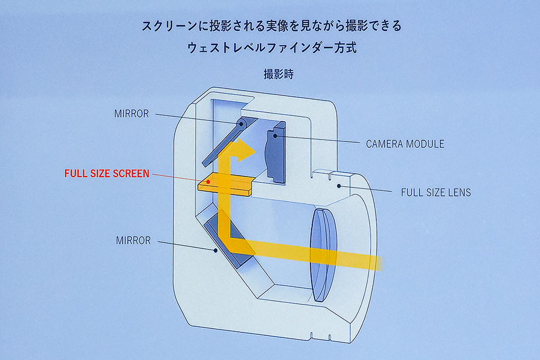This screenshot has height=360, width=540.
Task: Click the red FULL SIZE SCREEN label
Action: (x=107, y=174)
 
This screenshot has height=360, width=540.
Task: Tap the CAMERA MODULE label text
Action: (x=404, y=144)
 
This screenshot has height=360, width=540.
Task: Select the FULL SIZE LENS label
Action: (x=435, y=192)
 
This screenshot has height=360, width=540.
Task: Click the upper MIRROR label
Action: (x=131, y=114)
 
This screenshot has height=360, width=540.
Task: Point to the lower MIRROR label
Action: (x=133, y=240)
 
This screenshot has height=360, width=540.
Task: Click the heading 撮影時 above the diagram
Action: (x=278, y=74)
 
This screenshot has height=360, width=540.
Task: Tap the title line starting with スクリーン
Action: (x=272, y=26)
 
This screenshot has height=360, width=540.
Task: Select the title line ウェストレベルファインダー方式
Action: (x=272, y=48)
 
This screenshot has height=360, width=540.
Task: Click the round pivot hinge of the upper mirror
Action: (x=242, y=123)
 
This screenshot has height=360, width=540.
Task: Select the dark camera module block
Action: (x=276, y=152)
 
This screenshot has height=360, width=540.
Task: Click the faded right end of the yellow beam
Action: (x=374, y=261)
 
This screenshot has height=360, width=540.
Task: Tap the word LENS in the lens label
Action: (x=459, y=192)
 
